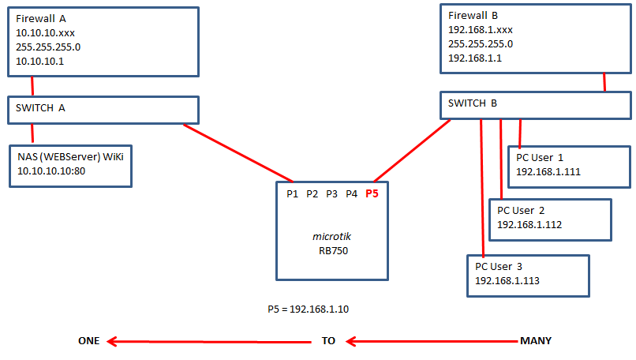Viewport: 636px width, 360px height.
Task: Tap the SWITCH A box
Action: pos(103,109)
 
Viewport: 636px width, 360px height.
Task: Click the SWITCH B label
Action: pos(473,103)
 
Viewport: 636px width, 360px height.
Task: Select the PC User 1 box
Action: pos(568,166)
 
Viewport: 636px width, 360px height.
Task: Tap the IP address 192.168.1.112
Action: pos(529,224)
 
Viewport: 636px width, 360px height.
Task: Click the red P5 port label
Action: pos(372,193)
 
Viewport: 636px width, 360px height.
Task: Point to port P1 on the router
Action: pos(292,193)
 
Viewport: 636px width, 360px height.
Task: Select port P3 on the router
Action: pos(332,193)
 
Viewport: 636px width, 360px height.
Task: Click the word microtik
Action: pos(332,236)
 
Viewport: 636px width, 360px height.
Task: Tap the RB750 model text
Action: pos(332,251)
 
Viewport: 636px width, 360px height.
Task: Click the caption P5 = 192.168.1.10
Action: pos(309,309)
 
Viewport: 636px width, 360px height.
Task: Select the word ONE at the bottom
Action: pos(88,341)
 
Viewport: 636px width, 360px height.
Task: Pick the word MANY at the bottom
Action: pos(535,341)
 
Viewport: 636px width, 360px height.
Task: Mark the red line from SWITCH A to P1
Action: pos(237,152)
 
